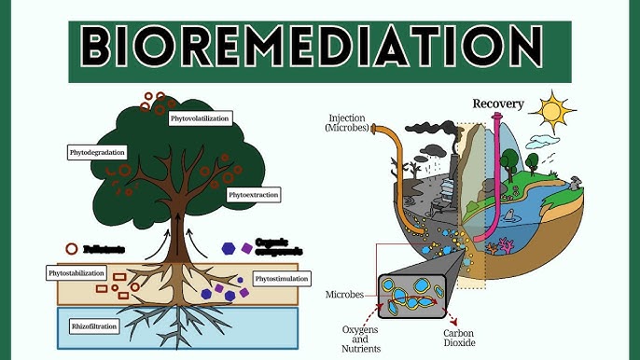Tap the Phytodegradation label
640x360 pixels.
[x=97, y=151]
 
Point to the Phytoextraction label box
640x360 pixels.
[x=254, y=195]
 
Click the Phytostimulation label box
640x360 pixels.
[x=282, y=278]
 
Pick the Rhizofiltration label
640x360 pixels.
[x=97, y=326]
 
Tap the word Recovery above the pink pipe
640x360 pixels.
[x=497, y=104]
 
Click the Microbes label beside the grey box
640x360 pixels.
[x=344, y=295]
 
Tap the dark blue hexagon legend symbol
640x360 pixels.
[x=230, y=249]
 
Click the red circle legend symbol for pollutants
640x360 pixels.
[x=71, y=250]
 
